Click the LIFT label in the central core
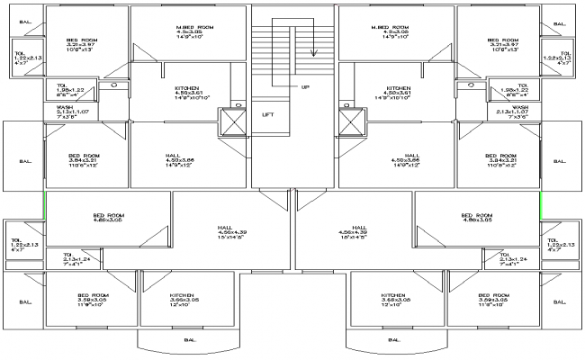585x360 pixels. point(268,114)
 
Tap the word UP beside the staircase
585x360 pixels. point(304,87)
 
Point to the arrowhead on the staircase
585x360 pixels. point(313,52)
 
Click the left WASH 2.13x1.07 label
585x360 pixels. point(64,111)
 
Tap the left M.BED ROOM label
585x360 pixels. point(194,32)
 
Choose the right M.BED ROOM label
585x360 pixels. point(391,32)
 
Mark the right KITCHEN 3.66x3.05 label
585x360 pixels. point(393,300)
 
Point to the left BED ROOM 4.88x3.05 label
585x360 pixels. point(108,219)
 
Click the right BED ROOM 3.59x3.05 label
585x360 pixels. point(491,300)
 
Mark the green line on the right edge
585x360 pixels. point(540,203)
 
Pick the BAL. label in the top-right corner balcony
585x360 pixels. point(560,24)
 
